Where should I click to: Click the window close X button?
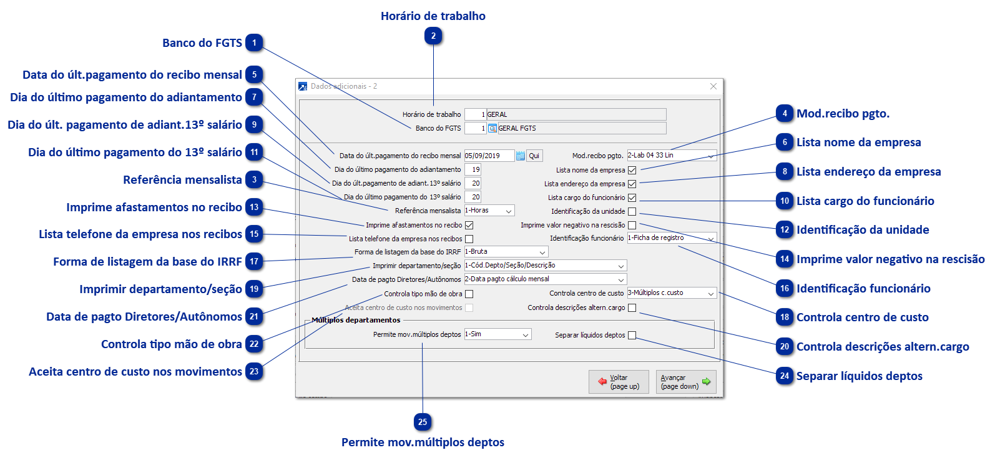(713, 86)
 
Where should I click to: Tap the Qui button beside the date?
(534, 156)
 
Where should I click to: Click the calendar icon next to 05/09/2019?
(521, 156)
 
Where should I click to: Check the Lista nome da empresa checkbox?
(632, 170)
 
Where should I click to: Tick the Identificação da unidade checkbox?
(632, 211)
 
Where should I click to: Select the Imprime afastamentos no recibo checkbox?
(469, 225)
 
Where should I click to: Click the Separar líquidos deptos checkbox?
(632, 335)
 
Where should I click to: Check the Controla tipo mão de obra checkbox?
(469, 294)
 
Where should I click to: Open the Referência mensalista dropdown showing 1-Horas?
(489, 211)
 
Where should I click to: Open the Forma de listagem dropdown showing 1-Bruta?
(506, 252)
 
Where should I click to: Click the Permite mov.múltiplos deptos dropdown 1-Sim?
(497, 334)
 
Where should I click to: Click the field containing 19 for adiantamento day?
(473, 169)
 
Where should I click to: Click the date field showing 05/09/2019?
(489, 156)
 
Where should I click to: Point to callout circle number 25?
(423, 422)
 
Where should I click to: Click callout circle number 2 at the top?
(433, 36)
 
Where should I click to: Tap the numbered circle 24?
(785, 376)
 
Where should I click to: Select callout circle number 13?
(254, 207)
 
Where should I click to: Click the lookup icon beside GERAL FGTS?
(493, 128)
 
